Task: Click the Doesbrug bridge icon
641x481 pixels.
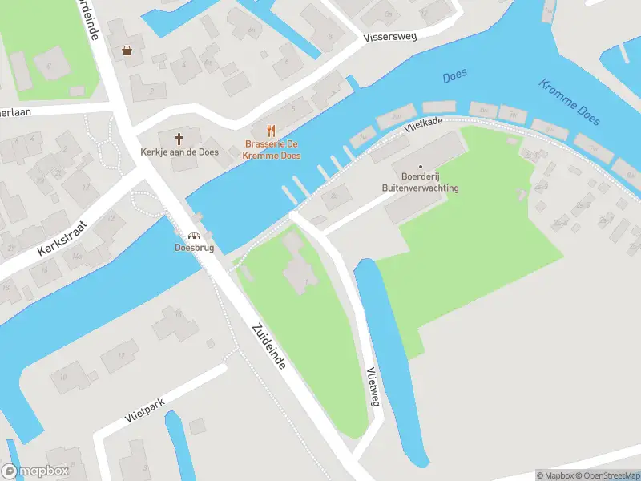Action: tap(193, 236)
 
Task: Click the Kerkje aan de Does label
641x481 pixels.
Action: tap(190, 152)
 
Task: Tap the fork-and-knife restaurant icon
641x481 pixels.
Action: tap(271, 131)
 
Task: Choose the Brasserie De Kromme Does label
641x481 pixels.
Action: tap(272, 150)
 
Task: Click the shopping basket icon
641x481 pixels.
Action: tap(127, 50)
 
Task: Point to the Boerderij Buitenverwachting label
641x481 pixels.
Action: tap(420, 182)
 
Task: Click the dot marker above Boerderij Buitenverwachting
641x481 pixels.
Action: tap(420, 166)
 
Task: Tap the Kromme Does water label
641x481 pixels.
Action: tap(570, 102)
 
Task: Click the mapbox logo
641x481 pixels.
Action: tap(34, 471)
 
